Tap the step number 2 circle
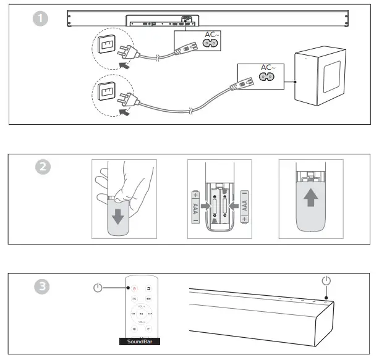(41, 167)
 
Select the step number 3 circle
(41, 286)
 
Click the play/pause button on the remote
(142, 314)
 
